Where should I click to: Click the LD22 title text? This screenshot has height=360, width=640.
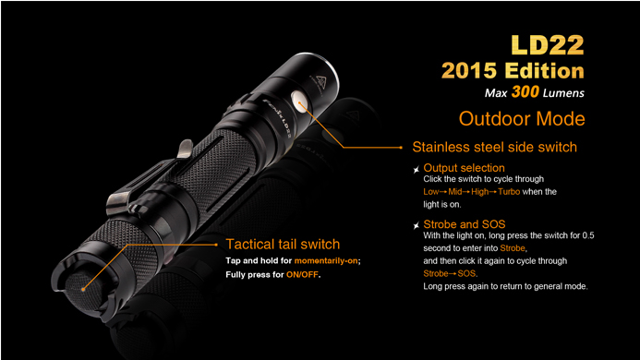[x=548, y=45]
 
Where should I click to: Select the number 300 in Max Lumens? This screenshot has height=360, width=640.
[x=525, y=91]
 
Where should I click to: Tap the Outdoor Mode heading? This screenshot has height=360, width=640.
[x=522, y=119]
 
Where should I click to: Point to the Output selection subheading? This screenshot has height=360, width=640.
[x=464, y=168]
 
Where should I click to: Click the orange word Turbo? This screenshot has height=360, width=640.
[x=509, y=191]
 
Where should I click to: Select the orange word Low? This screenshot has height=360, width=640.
[x=431, y=191]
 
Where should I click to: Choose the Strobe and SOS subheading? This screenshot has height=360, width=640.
[x=465, y=224]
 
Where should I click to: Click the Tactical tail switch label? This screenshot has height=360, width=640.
[x=283, y=244]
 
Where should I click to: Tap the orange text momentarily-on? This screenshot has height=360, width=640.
[x=326, y=261]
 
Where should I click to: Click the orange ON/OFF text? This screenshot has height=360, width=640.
[x=302, y=275]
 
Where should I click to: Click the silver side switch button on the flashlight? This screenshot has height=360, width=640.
[x=299, y=102]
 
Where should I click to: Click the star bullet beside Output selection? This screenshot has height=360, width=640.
[x=416, y=170]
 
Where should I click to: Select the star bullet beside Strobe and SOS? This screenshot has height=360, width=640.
[x=416, y=225]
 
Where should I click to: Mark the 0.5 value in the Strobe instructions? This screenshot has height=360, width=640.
[x=588, y=235]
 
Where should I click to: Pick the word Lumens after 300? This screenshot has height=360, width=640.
[x=563, y=93]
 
